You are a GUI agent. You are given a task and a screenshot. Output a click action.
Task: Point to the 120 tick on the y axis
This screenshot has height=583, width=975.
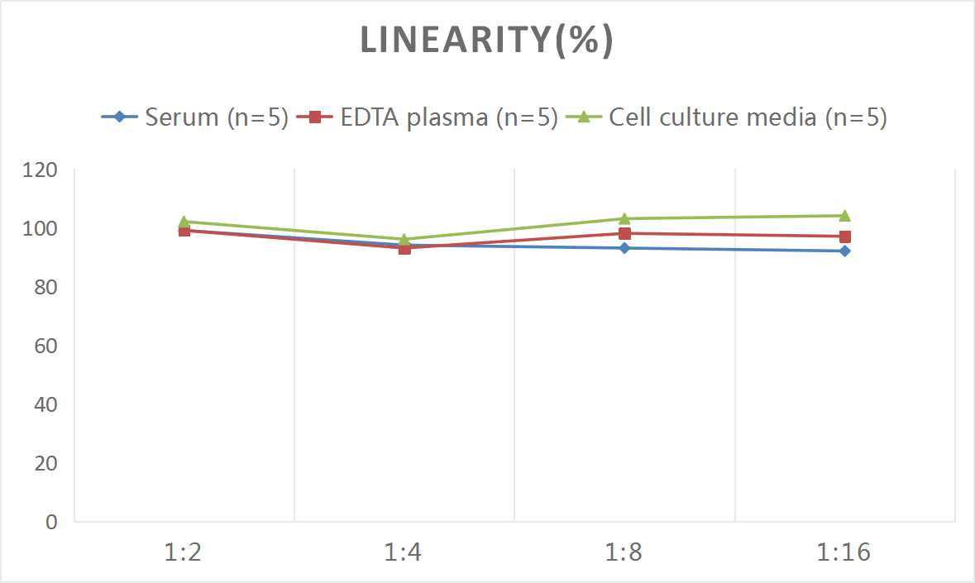[x=41, y=170]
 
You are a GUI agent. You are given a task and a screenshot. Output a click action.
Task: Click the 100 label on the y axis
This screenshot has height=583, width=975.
[x=41, y=229]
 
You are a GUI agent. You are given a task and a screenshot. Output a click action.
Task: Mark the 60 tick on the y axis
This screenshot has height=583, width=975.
[x=45, y=346]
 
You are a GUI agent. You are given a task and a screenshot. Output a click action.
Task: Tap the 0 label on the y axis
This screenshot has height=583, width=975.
[x=51, y=522]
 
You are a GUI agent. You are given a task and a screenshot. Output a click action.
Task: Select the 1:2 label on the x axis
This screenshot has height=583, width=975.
[x=184, y=552]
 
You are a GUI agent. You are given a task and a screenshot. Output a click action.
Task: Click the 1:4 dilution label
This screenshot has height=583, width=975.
[x=404, y=552]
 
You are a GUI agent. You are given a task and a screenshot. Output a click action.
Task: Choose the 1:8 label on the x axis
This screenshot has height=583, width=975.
[x=624, y=552]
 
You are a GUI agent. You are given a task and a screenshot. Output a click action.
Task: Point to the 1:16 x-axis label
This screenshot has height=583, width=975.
[x=844, y=552]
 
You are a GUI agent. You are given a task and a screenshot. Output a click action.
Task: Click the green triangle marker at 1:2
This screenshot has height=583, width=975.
[x=184, y=222]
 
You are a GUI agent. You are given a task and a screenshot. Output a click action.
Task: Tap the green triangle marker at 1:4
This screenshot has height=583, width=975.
[x=404, y=239]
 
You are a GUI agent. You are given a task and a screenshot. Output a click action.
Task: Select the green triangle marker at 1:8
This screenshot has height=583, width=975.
[x=624, y=218]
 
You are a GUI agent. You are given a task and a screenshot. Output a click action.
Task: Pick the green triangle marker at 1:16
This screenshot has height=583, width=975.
[x=844, y=216]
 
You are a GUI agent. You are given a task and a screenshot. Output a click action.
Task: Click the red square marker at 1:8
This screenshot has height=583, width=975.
[x=624, y=233]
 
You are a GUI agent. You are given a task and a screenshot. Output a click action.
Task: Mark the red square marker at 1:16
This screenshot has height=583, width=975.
[x=844, y=237]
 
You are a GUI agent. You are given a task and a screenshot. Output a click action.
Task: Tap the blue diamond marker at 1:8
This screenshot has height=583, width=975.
[x=624, y=248]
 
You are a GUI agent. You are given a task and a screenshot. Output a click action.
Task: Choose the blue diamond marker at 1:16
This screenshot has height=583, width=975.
[x=844, y=251]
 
